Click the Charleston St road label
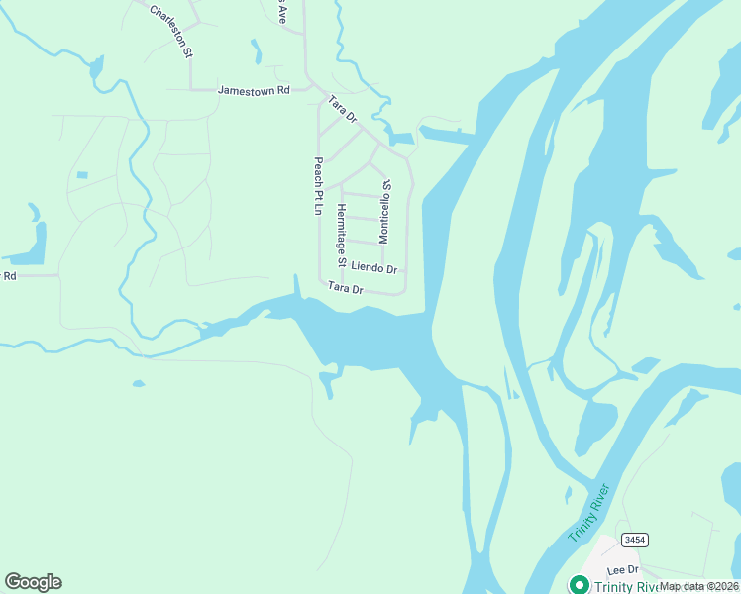click(171, 31)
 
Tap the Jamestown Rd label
click(253, 90)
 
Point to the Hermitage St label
click(341, 236)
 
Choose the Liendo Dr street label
click(373, 268)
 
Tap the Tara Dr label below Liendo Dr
click(347, 288)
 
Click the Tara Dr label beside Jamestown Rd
click(343, 109)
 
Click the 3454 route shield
click(635, 539)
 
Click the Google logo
click(33, 582)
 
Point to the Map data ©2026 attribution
click(699, 586)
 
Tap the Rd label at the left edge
click(10, 276)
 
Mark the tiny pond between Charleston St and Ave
click(257, 51)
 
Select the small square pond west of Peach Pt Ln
click(81, 175)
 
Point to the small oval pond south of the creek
click(138, 383)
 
